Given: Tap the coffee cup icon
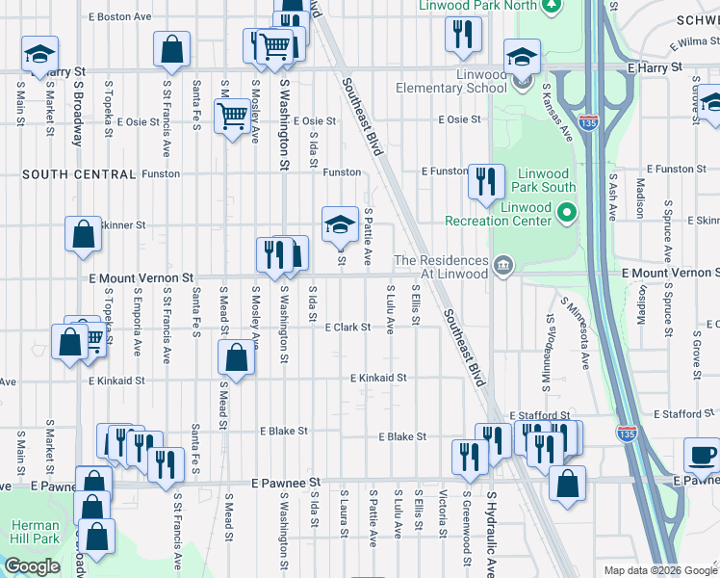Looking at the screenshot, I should tap(702, 455).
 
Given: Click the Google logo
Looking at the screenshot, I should tap(33, 566).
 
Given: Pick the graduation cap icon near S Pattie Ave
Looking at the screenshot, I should tap(340, 224).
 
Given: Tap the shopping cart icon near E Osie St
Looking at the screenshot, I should tap(232, 117).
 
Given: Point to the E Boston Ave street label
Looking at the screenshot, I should tap(119, 17).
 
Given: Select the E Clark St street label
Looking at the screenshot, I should tap(347, 328).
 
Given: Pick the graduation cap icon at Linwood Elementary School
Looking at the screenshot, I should tap(522, 58).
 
